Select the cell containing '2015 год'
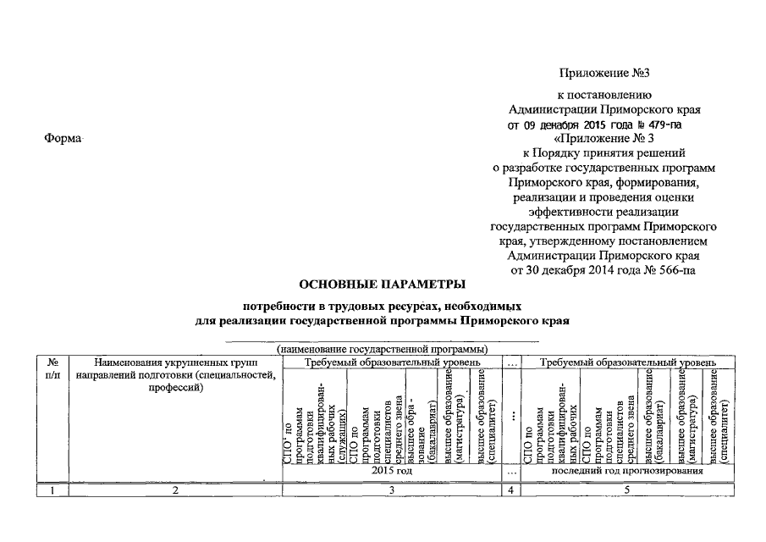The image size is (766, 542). [391, 470]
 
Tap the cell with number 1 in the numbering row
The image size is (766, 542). [53, 489]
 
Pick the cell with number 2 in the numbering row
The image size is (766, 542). [175, 489]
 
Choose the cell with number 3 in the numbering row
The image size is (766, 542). [391, 489]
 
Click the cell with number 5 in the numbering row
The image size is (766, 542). [627, 489]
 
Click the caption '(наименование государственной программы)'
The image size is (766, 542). [383, 349]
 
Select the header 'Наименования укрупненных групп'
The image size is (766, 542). [175, 362]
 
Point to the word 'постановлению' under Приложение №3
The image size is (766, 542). [604, 95]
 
